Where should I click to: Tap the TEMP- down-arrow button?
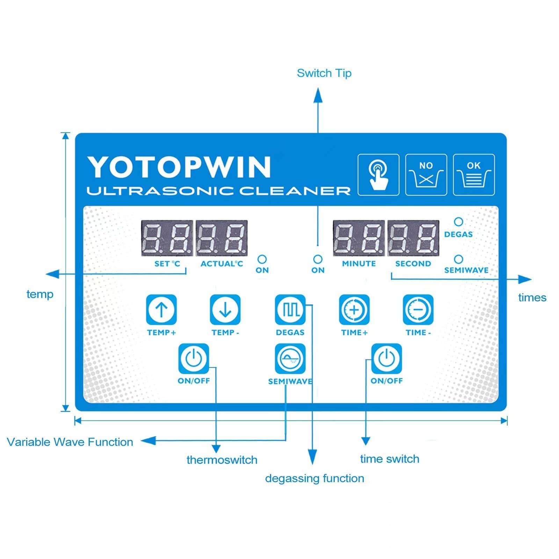tap(225, 310)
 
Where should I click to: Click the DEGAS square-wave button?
tap(290, 310)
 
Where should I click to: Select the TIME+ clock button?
tap(354, 310)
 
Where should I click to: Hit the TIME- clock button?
tap(418, 310)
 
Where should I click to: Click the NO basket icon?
tap(426, 175)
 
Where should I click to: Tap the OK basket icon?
tap(474, 175)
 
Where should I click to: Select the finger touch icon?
tap(378, 175)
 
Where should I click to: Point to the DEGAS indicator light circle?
tap(458, 222)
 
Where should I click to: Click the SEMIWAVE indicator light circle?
tap(458, 259)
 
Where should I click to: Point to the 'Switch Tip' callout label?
tap(324, 73)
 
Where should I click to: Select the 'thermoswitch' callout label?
tap(222, 460)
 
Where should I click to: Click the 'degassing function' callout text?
tap(314, 478)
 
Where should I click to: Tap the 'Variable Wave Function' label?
tap(70, 442)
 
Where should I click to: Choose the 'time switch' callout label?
tap(390, 459)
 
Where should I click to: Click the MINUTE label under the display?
tap(359, 264)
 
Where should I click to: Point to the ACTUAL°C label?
tap(222, 264)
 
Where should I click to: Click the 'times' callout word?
tap(532, 298)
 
